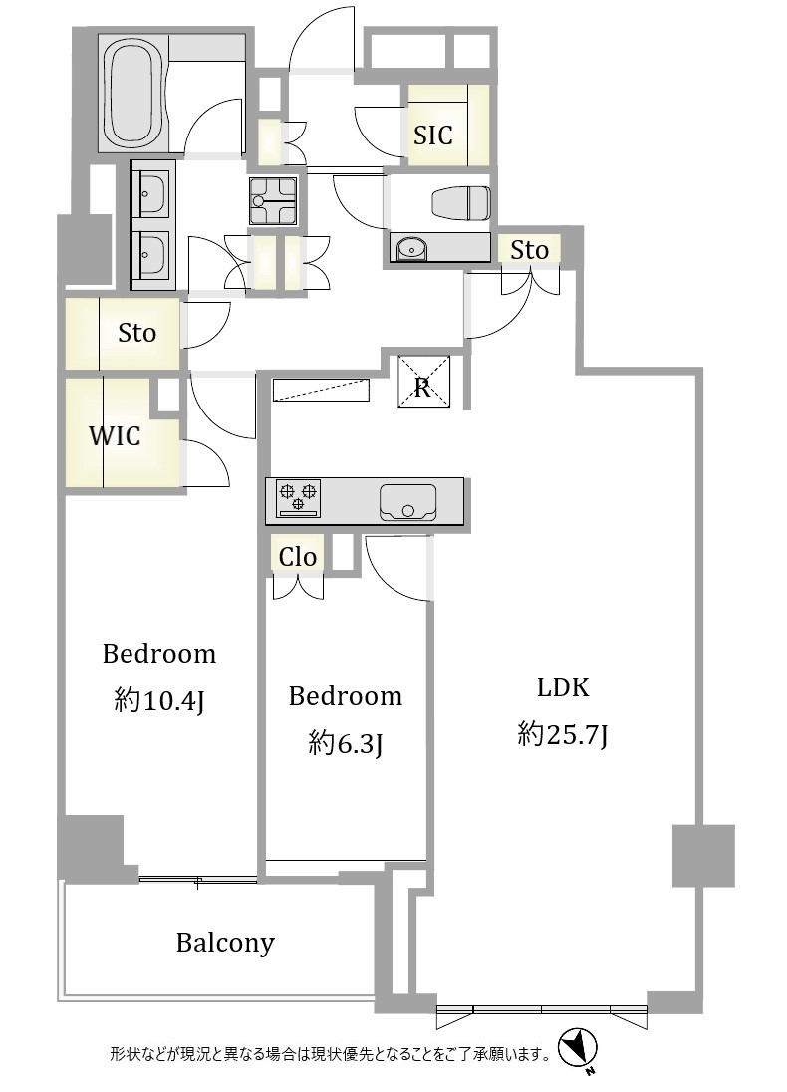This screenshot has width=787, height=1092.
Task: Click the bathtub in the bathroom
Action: click(133, 92)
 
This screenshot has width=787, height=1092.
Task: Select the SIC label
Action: click(432, 136)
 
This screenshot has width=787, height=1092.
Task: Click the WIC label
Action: click(115, 436)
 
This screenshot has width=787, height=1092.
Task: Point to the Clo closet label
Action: click(298, 557)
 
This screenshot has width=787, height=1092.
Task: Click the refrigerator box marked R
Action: click(423, 381)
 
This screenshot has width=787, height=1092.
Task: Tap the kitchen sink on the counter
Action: click(408, 502)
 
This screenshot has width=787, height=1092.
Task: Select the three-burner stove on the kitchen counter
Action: click(298, 498)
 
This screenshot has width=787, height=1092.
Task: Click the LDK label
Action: click(563, 687)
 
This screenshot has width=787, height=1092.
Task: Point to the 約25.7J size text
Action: click(563, 734)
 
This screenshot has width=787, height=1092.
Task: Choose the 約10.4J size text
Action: click(158, 700)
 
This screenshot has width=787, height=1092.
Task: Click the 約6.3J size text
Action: click(346, 744)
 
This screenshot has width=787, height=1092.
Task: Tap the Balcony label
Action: click(225, 943)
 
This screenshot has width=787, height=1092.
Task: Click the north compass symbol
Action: click(579, 1047)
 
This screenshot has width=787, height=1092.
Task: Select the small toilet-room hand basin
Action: click(412, 248)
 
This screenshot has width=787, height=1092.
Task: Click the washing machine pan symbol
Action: click(273, 200)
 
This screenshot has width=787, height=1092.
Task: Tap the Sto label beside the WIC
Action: click(136, 333)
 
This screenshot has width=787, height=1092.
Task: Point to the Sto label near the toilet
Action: click(529, 250)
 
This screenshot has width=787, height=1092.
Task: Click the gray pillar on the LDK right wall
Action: click(703, 855)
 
